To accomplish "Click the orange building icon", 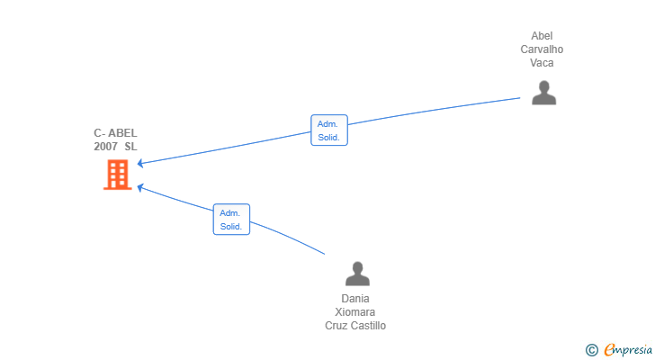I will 117,175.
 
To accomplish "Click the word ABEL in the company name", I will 122,133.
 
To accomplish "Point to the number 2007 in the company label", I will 106,147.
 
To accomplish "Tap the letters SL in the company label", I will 131,147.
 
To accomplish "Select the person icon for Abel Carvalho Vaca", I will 543,93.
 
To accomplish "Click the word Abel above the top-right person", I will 542,36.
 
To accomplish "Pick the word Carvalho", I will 542,49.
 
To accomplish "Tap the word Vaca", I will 542,63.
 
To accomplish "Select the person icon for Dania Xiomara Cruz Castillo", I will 357,274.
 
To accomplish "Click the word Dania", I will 355,299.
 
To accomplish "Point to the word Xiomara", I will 355,312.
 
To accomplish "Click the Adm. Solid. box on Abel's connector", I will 328,130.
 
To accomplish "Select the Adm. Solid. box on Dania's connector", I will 231,220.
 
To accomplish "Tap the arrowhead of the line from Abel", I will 140,163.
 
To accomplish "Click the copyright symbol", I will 591,350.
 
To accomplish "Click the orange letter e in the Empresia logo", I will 609,350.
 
